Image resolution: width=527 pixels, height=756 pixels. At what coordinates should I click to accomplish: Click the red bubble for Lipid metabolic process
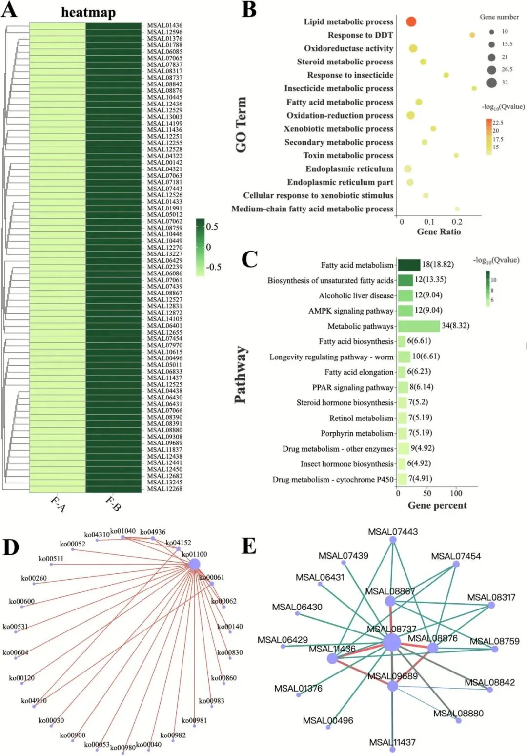click(x=411, y=21)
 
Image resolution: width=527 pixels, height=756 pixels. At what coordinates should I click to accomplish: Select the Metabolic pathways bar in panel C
click(x=419, y=326)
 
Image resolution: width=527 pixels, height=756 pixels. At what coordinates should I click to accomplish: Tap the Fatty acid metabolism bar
click(x=409, y=265)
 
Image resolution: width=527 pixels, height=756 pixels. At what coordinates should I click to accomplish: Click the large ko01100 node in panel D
click(x=194, y=565)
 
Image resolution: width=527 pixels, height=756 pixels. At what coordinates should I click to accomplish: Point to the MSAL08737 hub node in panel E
click(x=391, y=643)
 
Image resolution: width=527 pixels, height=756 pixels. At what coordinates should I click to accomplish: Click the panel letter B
click(x=249, y=10)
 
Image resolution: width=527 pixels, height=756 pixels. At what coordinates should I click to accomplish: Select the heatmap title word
click(x=88, y=12)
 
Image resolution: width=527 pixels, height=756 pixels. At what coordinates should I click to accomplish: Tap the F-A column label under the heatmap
click(x=58, y=504)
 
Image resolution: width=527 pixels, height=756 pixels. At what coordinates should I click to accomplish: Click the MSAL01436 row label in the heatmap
click(x=164, y=25)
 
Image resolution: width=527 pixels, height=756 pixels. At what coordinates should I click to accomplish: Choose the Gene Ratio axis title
click(x=438, y=232)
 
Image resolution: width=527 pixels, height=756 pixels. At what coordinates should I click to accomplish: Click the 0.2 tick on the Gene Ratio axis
click(x=457, y=222)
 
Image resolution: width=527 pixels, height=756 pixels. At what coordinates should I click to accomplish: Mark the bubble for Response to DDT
click(x=472, y=35)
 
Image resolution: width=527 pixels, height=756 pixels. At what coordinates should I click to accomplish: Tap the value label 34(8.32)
click(x=455, y=325)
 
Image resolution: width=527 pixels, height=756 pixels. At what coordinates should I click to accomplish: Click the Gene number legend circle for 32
click(x=491, y=82)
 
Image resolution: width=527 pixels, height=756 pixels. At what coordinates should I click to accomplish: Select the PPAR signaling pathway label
click(x=352, y=388)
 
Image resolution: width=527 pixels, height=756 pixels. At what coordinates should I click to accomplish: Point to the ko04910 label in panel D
click(x=34, y=701)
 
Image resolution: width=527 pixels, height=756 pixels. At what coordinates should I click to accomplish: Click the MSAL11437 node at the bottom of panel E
click(x=392, y=749)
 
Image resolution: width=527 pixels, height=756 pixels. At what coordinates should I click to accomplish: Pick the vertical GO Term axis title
click(x=241, y=125)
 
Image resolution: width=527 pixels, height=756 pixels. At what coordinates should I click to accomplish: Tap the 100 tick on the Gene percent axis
click(x=456, y=493)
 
